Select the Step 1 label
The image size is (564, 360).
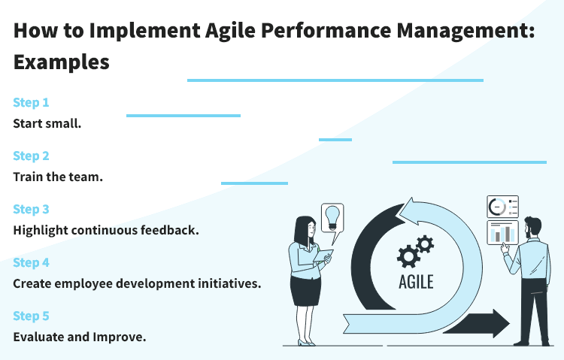[31, 102]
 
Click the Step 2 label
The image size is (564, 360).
[31, 156]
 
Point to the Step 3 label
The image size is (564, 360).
[31, 209]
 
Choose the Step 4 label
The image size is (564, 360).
[31, 262]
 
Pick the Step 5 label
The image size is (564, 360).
[31, 316]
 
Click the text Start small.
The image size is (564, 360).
[47, 123]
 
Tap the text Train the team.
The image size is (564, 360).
[57, 177]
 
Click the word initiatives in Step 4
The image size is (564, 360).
[227, 283]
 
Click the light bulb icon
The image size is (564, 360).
[332, 217]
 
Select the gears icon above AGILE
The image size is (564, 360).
[415, 250]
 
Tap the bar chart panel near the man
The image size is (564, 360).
[502, 233]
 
